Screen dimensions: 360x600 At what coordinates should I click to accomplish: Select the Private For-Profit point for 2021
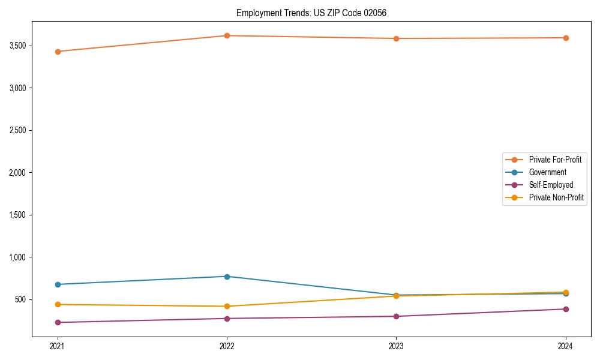click(x=58, y=52)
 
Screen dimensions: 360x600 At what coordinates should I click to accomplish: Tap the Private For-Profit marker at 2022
click(x=227, y=35)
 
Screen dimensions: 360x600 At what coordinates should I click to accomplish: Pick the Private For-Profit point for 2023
click(x=396, y=38)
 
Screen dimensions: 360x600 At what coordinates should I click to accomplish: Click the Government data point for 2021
click(x=58, y=284)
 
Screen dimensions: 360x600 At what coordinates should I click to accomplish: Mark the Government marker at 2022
click(x=227, y=277)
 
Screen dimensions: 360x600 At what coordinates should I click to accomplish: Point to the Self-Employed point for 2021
click(x=58, y=322)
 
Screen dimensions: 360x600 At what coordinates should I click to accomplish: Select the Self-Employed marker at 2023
click(x=396, y=316)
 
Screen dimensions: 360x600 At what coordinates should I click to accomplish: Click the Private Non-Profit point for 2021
click(x=58, y=304)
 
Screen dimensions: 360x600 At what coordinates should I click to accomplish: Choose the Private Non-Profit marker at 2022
click(x=227, y=306)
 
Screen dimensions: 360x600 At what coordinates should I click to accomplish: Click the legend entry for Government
click(x=547, y=172)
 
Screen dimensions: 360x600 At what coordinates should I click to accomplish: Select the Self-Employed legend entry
click(x=551, y=185)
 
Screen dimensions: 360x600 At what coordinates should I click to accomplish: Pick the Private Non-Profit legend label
click(x=556, y=197)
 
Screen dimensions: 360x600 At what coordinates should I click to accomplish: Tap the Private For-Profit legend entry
click(x=555, y=160)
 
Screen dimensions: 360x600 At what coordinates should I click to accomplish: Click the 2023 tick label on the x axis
click(x=396, y=346)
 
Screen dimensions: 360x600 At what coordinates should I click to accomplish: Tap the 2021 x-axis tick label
click(x=58, y=346)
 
